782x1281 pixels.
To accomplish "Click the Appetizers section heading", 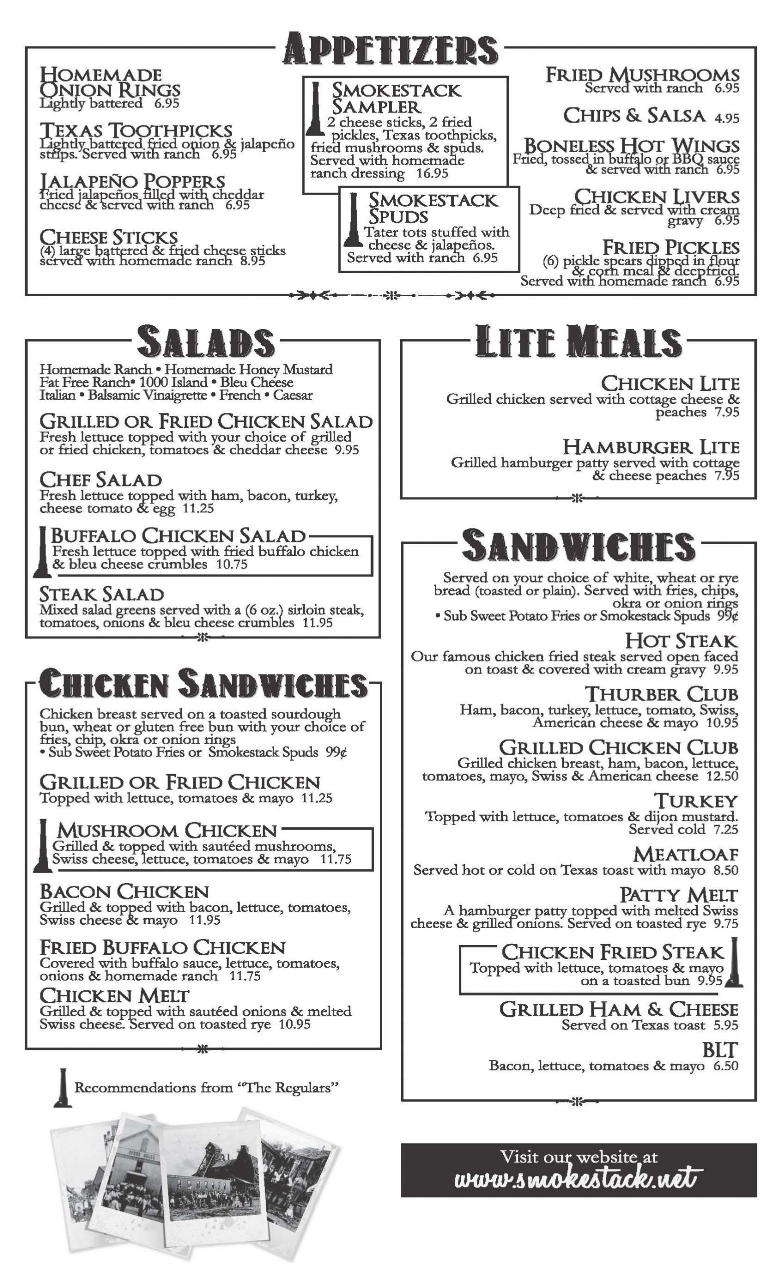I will pyautogui.click(x=390, y=50).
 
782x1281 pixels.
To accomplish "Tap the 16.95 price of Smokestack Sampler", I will pyautogui.click(x=432, y=174).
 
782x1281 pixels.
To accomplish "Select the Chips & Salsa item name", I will pyautogui.click(x=634, y=116).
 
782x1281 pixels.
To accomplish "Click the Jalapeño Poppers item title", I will pyautogui.click(x=133, y=182).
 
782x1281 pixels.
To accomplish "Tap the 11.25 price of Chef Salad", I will pyautogui.click(x=198, y=508).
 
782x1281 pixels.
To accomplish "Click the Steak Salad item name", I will pyautogui.click(x=102, y=594).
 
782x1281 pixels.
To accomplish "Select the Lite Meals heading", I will pyautogui.click(x=578, y=342).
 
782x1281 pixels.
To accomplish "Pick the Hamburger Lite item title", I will pyautogui.click(x=650, y=447).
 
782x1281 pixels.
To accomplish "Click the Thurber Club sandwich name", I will pyautogui.click(x=661, y=695).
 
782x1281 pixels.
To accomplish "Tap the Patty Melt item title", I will pyautogui.click(x=678, y=895).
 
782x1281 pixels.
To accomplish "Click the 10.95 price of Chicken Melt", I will pyautogui.click(x=294, y=1024).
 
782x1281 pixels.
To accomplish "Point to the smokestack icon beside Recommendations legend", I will pyautogui.click(x=63, y=1089).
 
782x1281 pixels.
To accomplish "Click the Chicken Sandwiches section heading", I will pyautogui.click(x=203, y=684).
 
